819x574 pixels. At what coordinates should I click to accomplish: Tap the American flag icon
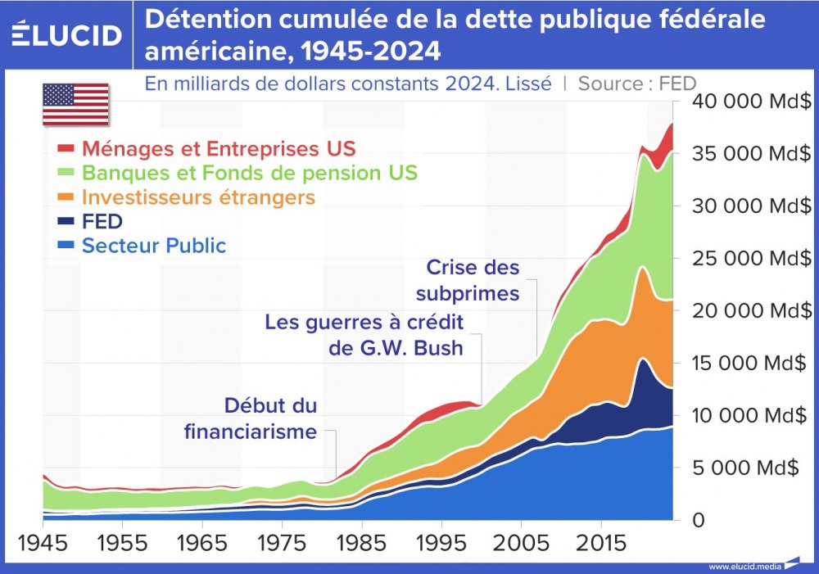(x=75, y=104)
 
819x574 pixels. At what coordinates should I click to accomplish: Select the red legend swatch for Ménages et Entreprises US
(x=66, y=149)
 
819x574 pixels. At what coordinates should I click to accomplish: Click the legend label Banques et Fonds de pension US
(x=249, y=173)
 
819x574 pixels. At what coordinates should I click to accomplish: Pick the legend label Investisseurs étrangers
(x=198, y=197)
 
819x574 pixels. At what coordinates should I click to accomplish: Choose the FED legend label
(x=102, y=221)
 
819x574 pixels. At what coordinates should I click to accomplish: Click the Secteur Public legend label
(x=154, y=246)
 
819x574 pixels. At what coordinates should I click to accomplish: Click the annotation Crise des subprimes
(x=468, y=281)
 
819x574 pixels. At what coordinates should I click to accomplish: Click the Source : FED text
(x=637, y=84)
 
